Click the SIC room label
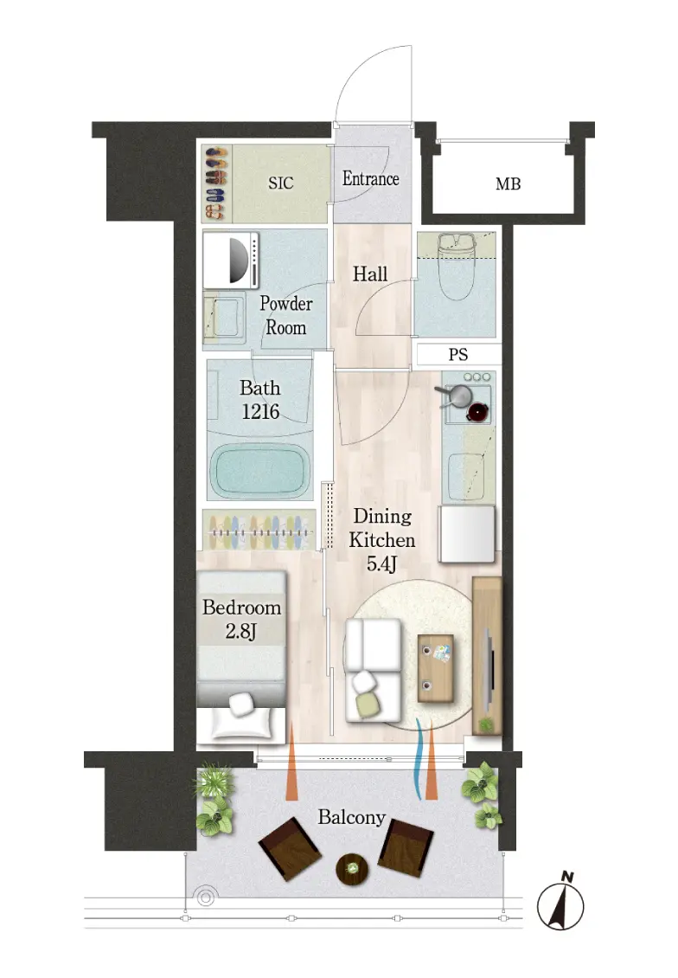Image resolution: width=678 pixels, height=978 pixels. [x=280, y=183]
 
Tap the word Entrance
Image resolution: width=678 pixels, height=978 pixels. [x=371, y=179]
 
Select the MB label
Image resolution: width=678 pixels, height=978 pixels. [x=508, y=184]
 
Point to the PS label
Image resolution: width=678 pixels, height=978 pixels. [x=458, y=355]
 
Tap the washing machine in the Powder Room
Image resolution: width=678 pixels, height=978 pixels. [x=231, y=261]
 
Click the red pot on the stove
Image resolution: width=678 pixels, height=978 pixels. [x=477, y=412]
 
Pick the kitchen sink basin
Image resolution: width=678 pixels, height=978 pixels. [x=466, y=476]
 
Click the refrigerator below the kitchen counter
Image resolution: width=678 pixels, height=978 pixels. [x=467, y=534]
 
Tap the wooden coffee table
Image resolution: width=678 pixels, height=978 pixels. [x=436, y=668]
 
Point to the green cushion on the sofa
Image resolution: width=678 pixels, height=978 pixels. [x=368, y=705]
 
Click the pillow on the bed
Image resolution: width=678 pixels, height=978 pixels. [x=241, y=705]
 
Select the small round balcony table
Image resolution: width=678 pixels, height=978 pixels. [x=352, y=867]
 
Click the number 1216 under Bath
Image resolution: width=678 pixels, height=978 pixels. [x=260, y=412]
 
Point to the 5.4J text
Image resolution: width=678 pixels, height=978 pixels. [x=381, y=564]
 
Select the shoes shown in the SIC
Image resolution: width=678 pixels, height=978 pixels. [x=215, y=183]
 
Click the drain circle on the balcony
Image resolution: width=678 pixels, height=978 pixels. [x=205, y=897]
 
